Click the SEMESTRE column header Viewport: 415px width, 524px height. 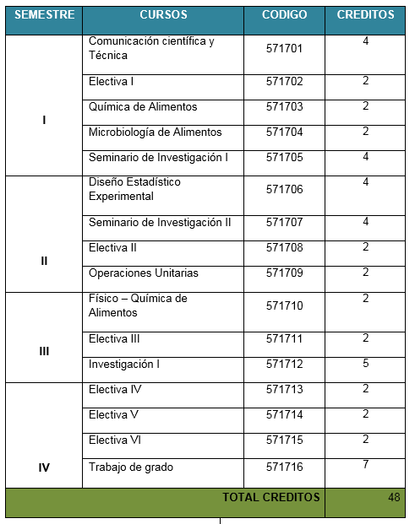[x=44, y=15]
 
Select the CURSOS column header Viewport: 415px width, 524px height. [x=163, y=15]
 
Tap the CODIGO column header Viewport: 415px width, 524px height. [x=284, y=15]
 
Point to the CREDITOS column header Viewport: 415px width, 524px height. [x=365, y=15]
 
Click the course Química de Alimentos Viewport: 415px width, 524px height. [x=143, y=107]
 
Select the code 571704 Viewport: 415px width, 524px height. [x=284, y=132]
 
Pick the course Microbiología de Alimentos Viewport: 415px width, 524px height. [x=155, y=132]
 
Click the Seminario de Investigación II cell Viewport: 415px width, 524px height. [x=160, y=223]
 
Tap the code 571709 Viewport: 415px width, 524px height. [x=284, y=273]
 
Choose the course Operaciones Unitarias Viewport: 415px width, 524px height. [x=143, y=273]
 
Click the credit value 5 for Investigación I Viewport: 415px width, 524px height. [x=366, y=364]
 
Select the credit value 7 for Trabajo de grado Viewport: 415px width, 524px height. [x=366, y=466]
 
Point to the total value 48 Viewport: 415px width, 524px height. [x=394, y=497]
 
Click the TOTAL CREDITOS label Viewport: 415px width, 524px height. [x=270, y=497]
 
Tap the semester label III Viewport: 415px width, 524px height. [x=44, y=351]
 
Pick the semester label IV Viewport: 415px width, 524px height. [x=44, y=466]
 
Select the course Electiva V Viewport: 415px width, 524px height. [x=113, y=415]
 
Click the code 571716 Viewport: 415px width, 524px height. [x=284, y=467]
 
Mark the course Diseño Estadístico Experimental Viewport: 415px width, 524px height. [x=134, y=189]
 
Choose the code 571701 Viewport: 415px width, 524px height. [x=284, y=48]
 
